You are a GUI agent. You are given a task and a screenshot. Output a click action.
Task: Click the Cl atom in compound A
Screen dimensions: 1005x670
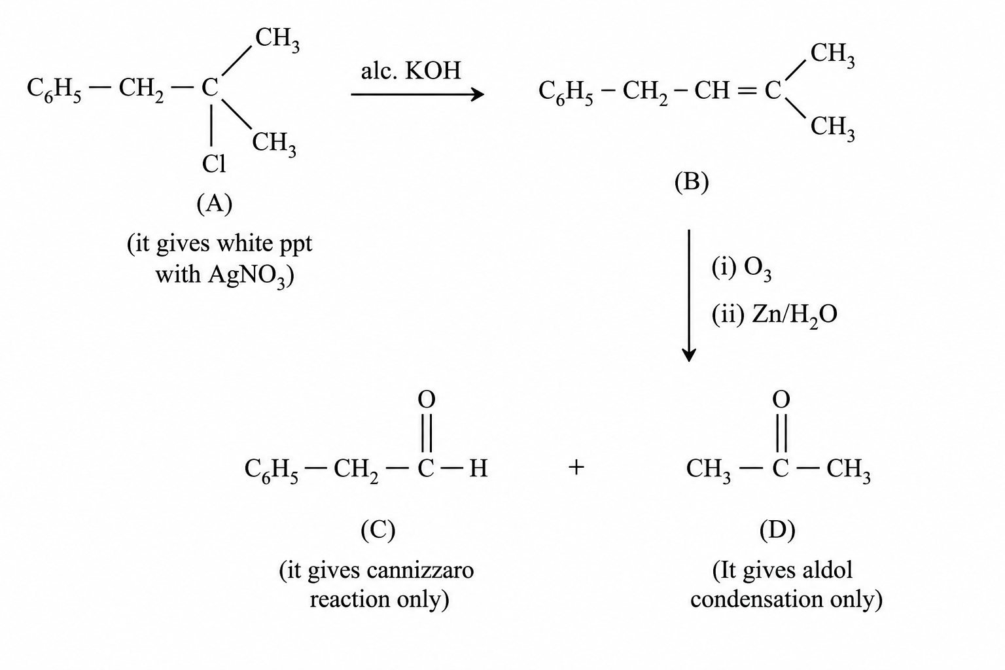(x=214, y=164)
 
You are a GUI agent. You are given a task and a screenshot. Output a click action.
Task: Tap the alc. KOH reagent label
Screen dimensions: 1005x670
(x=411, y=71)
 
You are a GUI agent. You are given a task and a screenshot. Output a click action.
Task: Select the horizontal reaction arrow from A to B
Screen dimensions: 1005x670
(x=417, y=94)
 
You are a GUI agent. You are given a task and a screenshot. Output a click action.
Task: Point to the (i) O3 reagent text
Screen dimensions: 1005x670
(x=741, y=268)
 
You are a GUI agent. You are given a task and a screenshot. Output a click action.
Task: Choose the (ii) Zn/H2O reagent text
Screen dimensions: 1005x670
(x=775, y=315)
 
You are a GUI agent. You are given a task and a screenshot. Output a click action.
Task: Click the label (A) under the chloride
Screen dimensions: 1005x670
(x=215, y=204)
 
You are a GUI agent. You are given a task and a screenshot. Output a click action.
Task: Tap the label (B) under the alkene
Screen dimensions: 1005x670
(x=692, y=182)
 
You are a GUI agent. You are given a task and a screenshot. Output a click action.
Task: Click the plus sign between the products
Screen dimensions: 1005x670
(x=576, y=468)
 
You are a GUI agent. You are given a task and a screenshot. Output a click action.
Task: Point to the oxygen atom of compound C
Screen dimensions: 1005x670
(x=426, y=399)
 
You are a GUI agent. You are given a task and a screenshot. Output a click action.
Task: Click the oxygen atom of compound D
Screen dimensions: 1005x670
(x=781, y=399)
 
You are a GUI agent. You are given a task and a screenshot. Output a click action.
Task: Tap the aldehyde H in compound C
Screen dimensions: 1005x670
(x=478, y=468)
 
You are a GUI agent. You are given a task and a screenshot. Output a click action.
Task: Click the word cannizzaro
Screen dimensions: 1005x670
(x=421, y=571)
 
